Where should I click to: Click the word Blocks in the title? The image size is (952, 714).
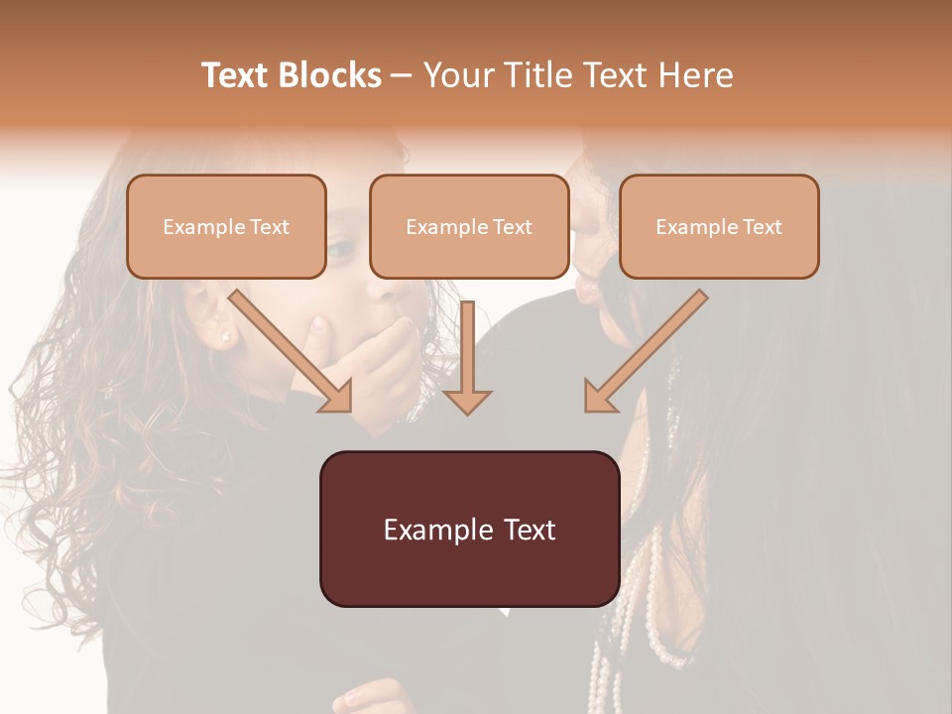[x=330, y=75]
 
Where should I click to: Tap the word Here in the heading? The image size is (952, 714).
[x=698, y=75]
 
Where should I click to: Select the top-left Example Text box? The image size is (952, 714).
[x=226, y=227]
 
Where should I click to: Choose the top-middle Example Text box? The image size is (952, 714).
[x=469, y=227]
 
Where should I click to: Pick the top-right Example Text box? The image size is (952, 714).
[x=719, y=227]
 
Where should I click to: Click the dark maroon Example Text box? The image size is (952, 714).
[x=469, y=529]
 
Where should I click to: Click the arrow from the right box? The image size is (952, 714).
[x=645, y=351]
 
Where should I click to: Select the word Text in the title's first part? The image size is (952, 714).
[x=236, y=75]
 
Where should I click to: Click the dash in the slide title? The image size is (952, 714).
[x=402, y=76]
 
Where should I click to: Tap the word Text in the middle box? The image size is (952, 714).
[x=512, y=227]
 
